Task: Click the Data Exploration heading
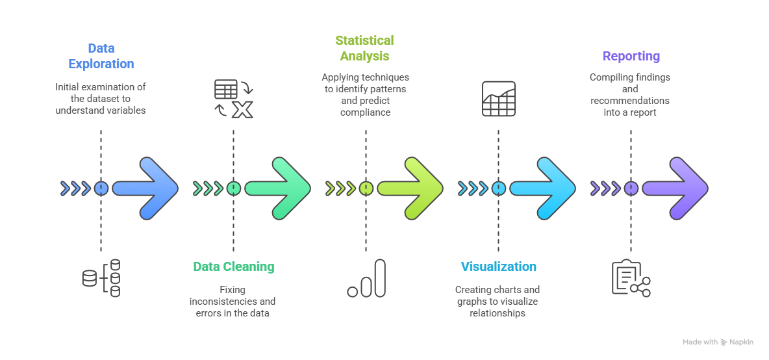(101, 56)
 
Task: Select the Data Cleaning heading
(233, 266)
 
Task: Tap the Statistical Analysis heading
(364, 49)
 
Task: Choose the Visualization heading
(498, 266)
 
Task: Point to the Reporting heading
(631, 56)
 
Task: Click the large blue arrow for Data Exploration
(145, 188)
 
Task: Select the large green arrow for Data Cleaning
(278, 188)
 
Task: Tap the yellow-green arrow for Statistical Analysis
(410, 188)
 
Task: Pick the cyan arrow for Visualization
(543, 188)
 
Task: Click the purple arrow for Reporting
(675, 188)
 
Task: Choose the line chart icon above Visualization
(498, 99)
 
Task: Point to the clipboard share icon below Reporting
(631, 278)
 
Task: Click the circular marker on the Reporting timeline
(631, 188)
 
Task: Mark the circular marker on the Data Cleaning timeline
(234, 188)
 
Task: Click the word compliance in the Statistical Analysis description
(365, 112)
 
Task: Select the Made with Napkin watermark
(718, 342)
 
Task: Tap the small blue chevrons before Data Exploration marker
(75, 188)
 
